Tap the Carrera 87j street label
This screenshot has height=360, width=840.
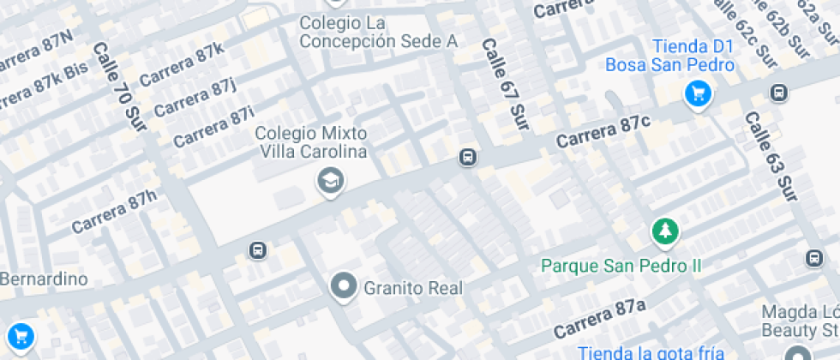(195, 98)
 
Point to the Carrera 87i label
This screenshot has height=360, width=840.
(213, 127)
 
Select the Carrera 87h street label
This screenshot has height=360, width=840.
(115, 212)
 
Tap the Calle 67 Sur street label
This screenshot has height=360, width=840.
(504, 83)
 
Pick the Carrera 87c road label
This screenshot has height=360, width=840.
(603, 129)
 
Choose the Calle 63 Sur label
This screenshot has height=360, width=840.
(771, 157)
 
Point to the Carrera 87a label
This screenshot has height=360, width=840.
(599, 318)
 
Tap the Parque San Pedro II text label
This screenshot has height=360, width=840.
(621, 265)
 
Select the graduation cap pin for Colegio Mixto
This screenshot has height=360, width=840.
(329, 181)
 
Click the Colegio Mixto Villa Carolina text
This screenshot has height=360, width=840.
(311, 142)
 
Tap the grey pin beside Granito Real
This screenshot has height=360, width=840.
(344, 286)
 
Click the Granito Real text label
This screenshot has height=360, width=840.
(413, 288)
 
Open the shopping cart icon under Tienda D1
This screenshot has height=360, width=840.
(698, 93)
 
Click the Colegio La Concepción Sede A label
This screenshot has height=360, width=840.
(378, 31)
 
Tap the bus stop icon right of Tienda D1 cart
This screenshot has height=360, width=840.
(778, 93)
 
